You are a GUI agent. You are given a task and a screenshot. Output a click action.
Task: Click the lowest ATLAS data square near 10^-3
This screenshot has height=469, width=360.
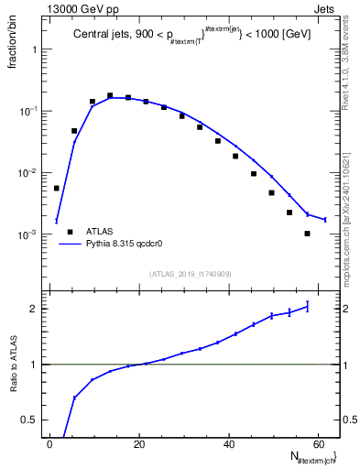(307, 234)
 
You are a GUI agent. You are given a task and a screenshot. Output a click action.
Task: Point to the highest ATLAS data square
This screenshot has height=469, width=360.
(110, 95)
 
